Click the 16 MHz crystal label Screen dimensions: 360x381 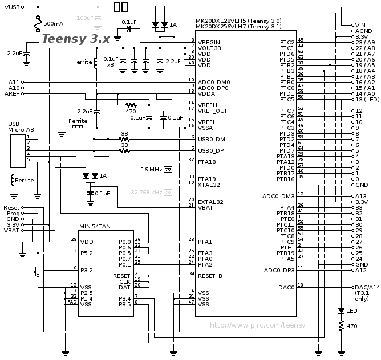tap(152, 170)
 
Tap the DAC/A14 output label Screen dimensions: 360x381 tap(366, 288)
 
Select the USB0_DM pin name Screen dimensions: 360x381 tap(212, 140)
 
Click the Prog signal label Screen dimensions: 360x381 tap(12, 214)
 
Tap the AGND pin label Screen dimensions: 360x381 tap(363, 31)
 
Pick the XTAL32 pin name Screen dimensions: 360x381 tap(209, 185)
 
